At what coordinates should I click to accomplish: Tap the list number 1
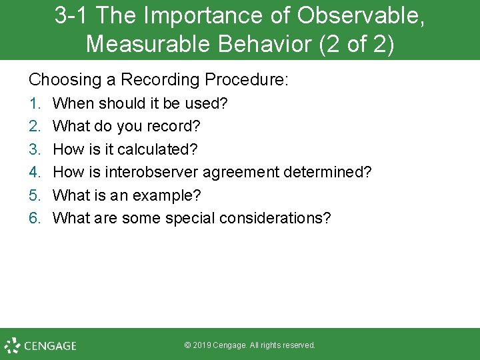(x=35, y=103)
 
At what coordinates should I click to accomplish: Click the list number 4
(x=35, y=172)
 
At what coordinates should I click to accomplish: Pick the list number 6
(x=35, y=218)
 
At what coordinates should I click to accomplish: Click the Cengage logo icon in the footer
(x=13, y=345)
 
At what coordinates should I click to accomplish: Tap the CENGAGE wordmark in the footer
(x=50, y=346)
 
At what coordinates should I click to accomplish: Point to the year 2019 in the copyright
(x=202, y=345)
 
